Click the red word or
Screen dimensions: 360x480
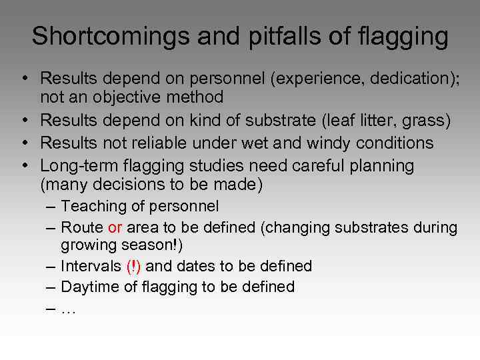(115, 227)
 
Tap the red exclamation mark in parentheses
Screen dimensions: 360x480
(133, 266)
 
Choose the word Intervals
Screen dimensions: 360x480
(90, 266)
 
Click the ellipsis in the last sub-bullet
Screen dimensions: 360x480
(68, 309)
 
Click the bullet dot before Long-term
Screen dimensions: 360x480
(23, 165)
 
